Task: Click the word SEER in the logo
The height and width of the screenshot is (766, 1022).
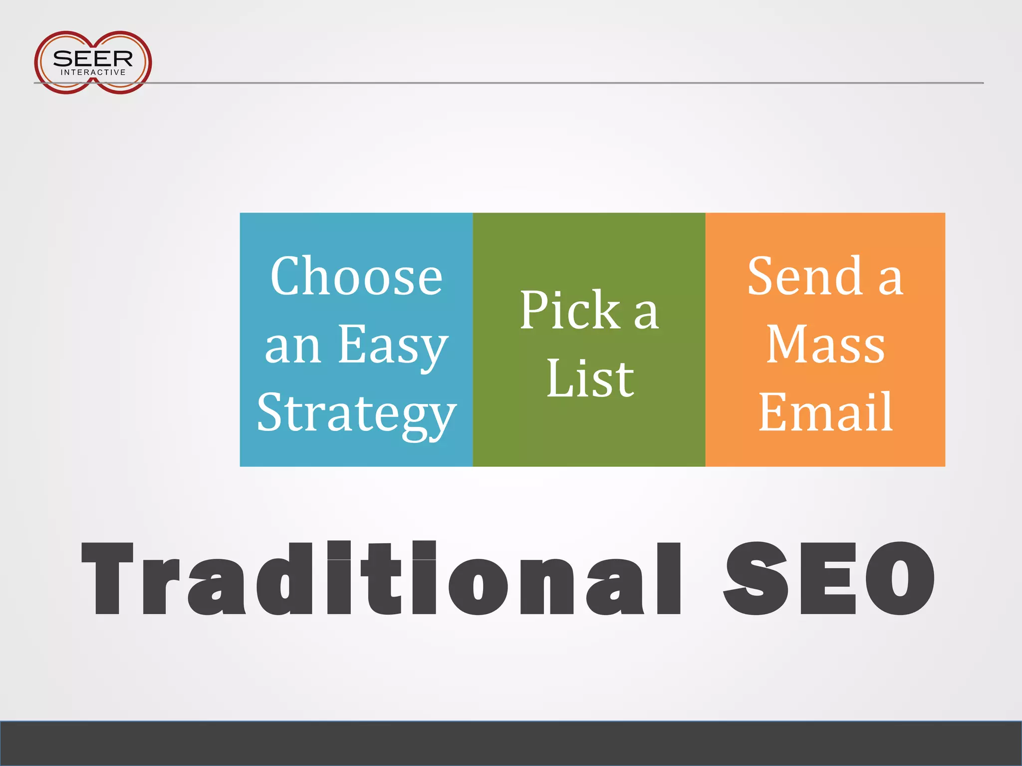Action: point(93,58)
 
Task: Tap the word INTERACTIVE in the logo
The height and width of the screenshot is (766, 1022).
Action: point(93,73)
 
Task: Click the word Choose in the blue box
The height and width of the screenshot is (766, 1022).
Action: point(356,277)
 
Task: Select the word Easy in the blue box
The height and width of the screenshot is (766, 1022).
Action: point(393,345)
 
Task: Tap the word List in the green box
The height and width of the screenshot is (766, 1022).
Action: point(590,379)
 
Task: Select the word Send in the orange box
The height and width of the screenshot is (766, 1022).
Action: point(804,276)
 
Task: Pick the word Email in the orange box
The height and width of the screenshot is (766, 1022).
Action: point(825,412)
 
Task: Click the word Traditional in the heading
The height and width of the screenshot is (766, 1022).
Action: point(381,578)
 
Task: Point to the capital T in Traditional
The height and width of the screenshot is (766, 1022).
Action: point(107,578)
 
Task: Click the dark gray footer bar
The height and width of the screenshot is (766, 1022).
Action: point(511,743)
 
